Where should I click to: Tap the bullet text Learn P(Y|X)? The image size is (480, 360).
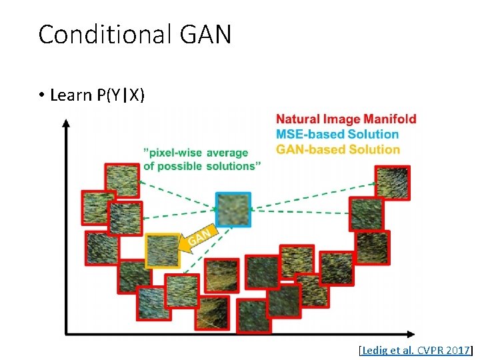coord(97,95)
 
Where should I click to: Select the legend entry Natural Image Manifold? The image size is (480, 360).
coord(346,119)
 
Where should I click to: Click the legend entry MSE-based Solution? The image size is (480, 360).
coord(337,134)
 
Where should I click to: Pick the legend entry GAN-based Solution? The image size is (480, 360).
coord(338,149)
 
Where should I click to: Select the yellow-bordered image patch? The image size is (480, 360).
coord(162,251)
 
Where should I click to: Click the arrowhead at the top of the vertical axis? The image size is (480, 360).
coord(65,123)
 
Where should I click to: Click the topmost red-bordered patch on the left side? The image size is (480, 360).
coord(122,179)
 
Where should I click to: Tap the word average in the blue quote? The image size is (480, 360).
coord(227,153)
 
